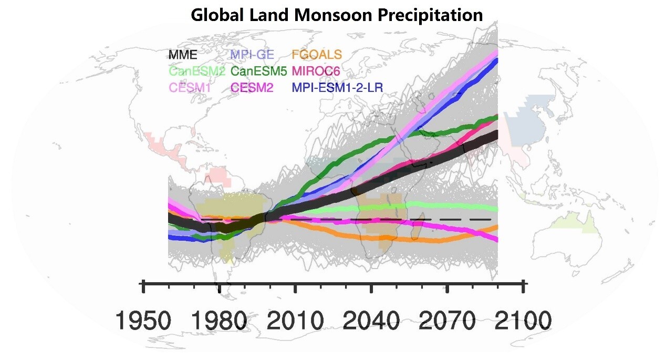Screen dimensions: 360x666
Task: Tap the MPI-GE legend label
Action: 251,54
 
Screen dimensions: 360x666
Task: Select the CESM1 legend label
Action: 189,88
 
